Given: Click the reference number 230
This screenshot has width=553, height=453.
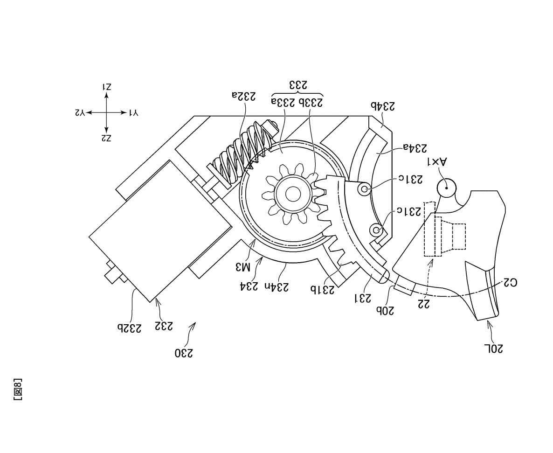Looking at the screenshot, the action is coord(184,353).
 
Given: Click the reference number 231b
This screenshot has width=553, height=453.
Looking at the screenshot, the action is coord(322,289).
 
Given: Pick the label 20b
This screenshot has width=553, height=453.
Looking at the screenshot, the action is coord(385,310).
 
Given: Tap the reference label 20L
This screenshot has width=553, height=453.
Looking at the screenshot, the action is coord(494,348).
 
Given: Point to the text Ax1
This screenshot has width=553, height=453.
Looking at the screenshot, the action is coord(437,162).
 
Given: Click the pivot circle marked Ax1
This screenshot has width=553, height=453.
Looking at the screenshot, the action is coord(447,187).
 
